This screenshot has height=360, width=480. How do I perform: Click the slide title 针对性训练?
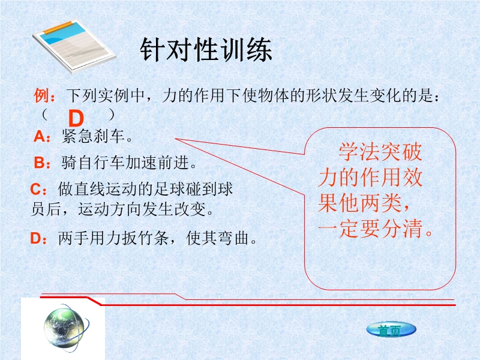tap(206, 50)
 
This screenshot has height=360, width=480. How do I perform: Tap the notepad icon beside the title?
tap(74, 47)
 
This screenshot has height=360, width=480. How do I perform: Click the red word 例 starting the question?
tap(41, 95)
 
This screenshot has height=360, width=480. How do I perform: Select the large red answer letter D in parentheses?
tap(76, 118)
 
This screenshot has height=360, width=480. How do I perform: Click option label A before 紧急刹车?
tap(40, 136)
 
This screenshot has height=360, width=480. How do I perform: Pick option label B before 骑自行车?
tap(40, 163)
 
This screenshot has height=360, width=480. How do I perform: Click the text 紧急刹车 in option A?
tap(93, 136)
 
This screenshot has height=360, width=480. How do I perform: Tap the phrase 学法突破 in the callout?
tap(380, 152)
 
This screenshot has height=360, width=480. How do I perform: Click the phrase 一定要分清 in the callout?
tap(370, 229)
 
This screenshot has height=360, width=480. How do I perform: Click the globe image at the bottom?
tap(67, 328)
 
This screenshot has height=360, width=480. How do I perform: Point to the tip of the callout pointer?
tap(175, 139)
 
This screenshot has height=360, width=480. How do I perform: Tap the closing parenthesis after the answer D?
tap(112, 115)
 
